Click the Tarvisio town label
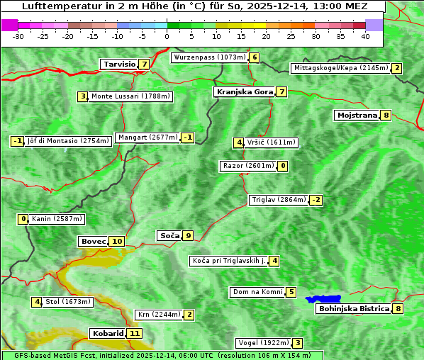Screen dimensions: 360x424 pos(118,64)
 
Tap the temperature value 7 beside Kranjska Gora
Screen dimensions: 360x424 pos(281,91)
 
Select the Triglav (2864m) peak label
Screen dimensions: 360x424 pos(279,200)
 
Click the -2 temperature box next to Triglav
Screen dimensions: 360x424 pos(316,200)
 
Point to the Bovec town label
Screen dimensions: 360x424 pos(92,241)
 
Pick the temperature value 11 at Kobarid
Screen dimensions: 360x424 pos(134,333)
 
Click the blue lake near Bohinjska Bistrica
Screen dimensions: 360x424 pos(323,299)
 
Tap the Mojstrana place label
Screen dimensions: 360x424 pos(357,115)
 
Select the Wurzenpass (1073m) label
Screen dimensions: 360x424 pos(210,57)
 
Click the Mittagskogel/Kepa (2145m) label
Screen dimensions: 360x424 pos(340,68)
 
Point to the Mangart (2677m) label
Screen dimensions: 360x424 pos(147,137)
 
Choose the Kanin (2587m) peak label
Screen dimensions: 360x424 pos(57,219)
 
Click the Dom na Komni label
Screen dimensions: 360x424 pos(257,292)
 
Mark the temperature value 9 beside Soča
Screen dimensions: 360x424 pos(187,235)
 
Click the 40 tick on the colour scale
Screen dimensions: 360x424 pos(365,36)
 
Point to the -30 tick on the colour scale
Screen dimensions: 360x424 pos(18,36)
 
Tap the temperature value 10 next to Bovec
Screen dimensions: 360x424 pos(117,241)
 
